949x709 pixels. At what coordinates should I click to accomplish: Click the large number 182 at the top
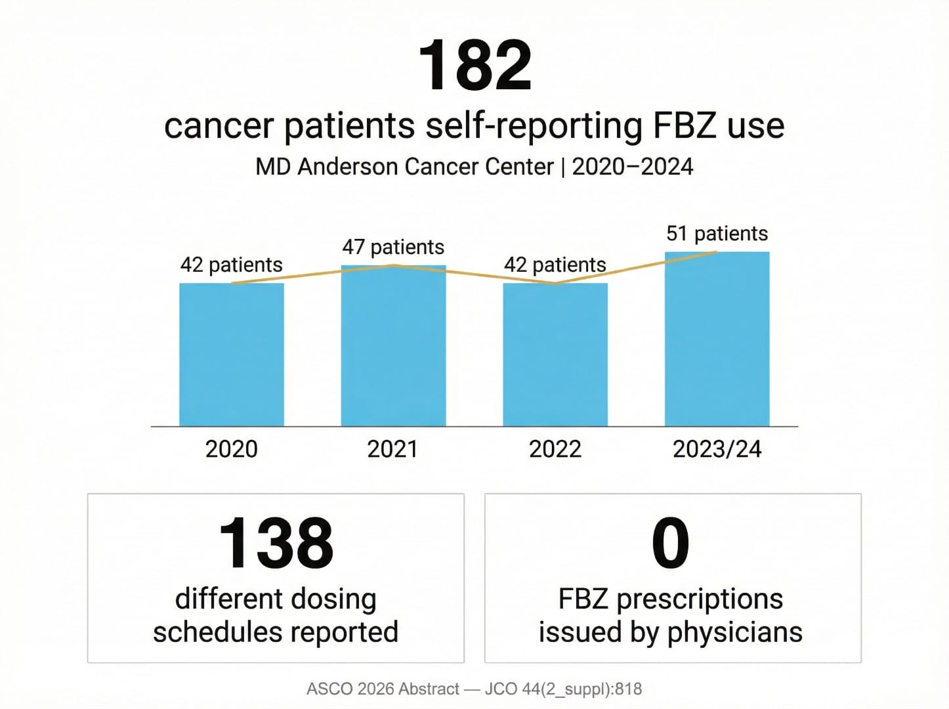[474, 65]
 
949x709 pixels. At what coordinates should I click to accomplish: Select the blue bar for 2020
[232, 354]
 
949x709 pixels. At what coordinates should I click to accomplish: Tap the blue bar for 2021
[393, 346]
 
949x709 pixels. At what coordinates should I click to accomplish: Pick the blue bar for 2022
[555, 354]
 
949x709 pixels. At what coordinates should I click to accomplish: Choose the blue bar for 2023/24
[717, 339]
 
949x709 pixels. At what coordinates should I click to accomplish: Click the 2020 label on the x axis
[232, 449]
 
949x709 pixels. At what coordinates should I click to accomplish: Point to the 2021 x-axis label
[392, 449]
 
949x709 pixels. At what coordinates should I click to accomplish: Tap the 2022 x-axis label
[555, 449]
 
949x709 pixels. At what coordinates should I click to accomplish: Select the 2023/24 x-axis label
[717, 449]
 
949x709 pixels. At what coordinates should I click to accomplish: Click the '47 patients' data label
[393, 247]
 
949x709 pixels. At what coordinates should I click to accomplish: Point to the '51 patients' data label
[717, 233]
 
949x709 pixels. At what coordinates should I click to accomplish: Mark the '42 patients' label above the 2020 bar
[232, 265]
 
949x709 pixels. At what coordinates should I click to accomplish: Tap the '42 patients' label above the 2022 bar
[555, 265]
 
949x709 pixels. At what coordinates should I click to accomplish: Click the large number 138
[276, 543]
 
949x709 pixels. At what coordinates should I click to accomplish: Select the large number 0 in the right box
[670, 543]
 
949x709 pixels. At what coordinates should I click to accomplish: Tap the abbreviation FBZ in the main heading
[683, 125]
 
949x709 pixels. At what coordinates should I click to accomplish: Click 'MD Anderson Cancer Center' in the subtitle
[404, 167]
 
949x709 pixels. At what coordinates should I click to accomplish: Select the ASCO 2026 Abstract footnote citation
[474, 689]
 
